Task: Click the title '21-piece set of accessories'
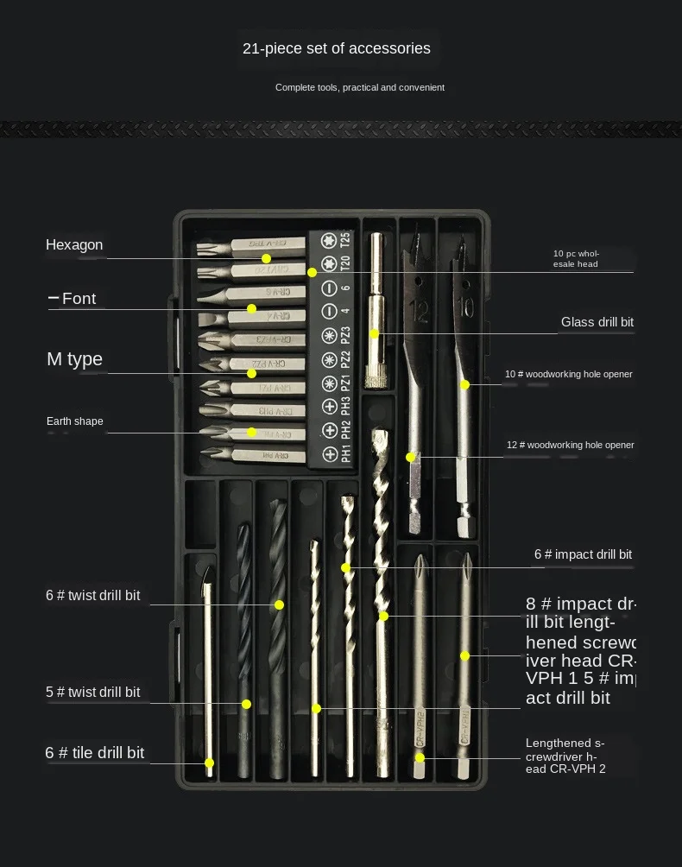336,48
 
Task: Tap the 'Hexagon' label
74,245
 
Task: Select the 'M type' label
74,359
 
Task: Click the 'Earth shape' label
74,421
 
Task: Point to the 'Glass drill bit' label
597,322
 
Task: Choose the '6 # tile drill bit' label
95,753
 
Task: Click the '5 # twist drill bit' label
93,692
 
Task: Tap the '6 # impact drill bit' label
583,554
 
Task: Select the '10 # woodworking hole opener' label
569,374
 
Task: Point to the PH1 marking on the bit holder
345,454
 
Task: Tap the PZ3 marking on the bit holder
345,335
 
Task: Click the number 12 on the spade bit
420,307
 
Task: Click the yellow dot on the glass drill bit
374,333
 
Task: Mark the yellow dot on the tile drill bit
209,763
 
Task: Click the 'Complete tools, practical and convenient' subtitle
360,87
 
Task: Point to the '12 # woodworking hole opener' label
570,445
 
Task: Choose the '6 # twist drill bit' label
93,595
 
